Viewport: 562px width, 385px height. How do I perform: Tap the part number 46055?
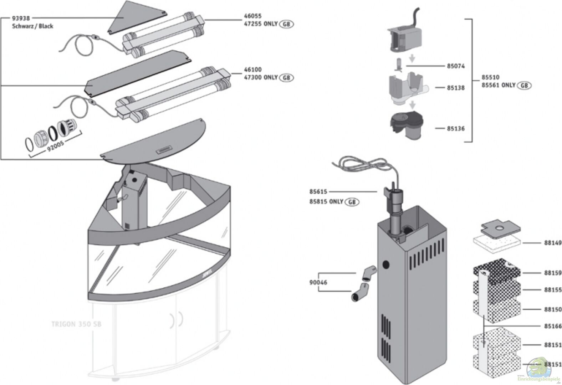pyautogui.click(x=253, y=16)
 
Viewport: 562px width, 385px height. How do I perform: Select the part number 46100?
pyautogui.click(x=253, y=70)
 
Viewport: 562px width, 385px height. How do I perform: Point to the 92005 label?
pyautogui.click(x=55, y=146)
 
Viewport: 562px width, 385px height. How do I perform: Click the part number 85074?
pyautogui.click(x=456, y=66)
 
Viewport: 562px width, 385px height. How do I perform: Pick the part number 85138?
pyautogui.click(x=456, y=88)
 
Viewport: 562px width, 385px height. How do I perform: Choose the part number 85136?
pyautogui.click(x=456, y=128)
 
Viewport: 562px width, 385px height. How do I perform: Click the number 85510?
pyautogui.click(x=490, y=77)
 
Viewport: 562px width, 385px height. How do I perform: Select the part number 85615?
pyautogui.click(x=318, y=192)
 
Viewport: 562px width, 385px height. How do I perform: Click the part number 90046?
pyautogui.click(x=318, y=282)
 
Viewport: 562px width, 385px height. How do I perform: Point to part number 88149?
pyautogui.click(x=553, y=243)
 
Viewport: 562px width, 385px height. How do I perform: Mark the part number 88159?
pyautogui.click(x=553, y=273)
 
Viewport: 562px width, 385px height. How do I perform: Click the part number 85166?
pyautogui.click(x=553, y=326)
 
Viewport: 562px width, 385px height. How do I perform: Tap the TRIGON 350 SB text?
pyautogui.click(x=76, y=324)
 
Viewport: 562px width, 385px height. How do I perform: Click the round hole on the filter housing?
pyautogui.click(x=385, y=265)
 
